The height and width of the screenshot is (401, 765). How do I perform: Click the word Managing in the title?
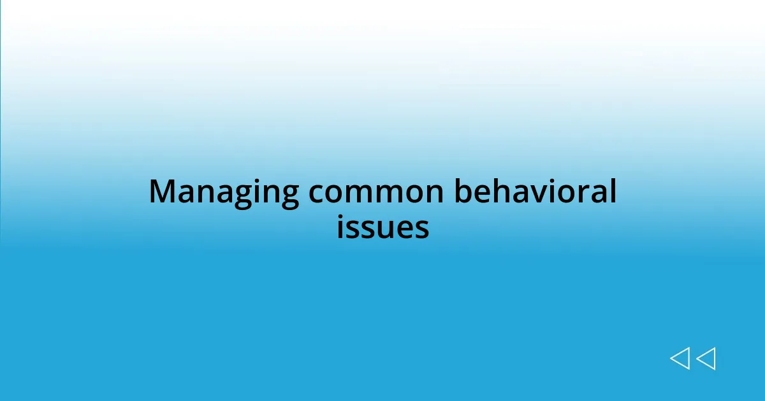[x=223, y=193]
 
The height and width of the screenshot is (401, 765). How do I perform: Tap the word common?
[x=377, y=193]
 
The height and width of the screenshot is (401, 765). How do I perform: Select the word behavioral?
[x=535, y=192]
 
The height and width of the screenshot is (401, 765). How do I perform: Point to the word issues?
[x=382, y=227]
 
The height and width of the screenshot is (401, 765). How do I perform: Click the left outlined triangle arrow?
[x=680, y=359]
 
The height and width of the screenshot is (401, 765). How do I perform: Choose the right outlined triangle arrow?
[x=706, y=359]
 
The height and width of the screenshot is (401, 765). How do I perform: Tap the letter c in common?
[x=317, y=194]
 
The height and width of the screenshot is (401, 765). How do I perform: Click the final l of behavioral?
[x=613, y=191]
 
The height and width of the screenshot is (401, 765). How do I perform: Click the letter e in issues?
[x=406, y=229]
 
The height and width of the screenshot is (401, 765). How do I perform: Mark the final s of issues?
[x=422, y=229]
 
